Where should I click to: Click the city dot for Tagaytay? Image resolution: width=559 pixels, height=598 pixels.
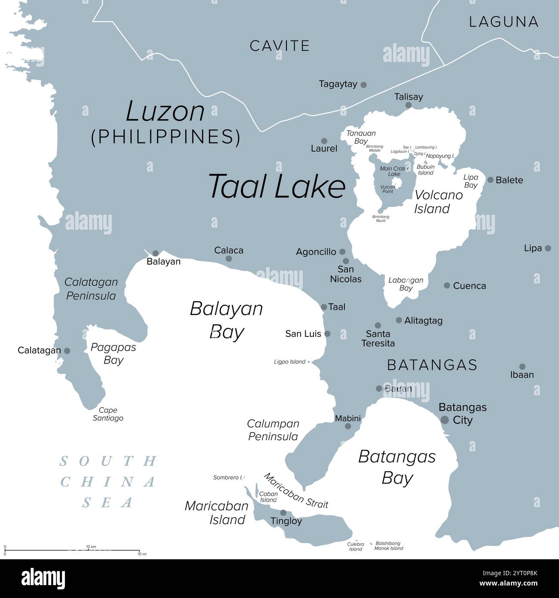click(363, 85)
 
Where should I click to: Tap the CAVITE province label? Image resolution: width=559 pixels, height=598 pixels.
click(279, 46)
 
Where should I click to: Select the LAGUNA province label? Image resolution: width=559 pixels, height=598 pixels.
click(504, 22)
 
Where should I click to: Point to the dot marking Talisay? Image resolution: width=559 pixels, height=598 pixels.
click(408, 105)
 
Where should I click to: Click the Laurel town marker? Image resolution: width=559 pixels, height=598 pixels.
click(324, 141)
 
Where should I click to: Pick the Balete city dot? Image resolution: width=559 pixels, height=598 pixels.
click(490, 180)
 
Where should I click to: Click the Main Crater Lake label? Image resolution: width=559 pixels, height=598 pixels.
click(394, 171)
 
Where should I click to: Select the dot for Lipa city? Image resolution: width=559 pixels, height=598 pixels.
click(548, 248)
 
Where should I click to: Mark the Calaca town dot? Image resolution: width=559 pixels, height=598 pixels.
click(229, 259)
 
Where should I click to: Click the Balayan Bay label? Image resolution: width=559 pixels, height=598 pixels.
click(226, 320)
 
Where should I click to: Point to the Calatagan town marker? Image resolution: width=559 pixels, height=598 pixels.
click(67, 351)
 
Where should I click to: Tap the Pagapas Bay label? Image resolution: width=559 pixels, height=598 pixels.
click(113, 353)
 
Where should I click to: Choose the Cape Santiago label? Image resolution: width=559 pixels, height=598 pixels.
click(108, 414)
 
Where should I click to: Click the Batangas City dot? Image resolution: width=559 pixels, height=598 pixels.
click(445, 420)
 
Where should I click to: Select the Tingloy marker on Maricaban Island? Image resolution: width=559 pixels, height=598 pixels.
click(283, 512)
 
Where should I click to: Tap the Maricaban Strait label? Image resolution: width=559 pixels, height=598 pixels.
click(296, 490)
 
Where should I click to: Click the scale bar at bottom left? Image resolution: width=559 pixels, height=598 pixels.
click(72, 550)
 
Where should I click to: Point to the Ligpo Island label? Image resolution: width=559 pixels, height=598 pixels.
click(289, 362)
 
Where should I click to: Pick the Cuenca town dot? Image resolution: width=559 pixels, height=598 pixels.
click(447, 285)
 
